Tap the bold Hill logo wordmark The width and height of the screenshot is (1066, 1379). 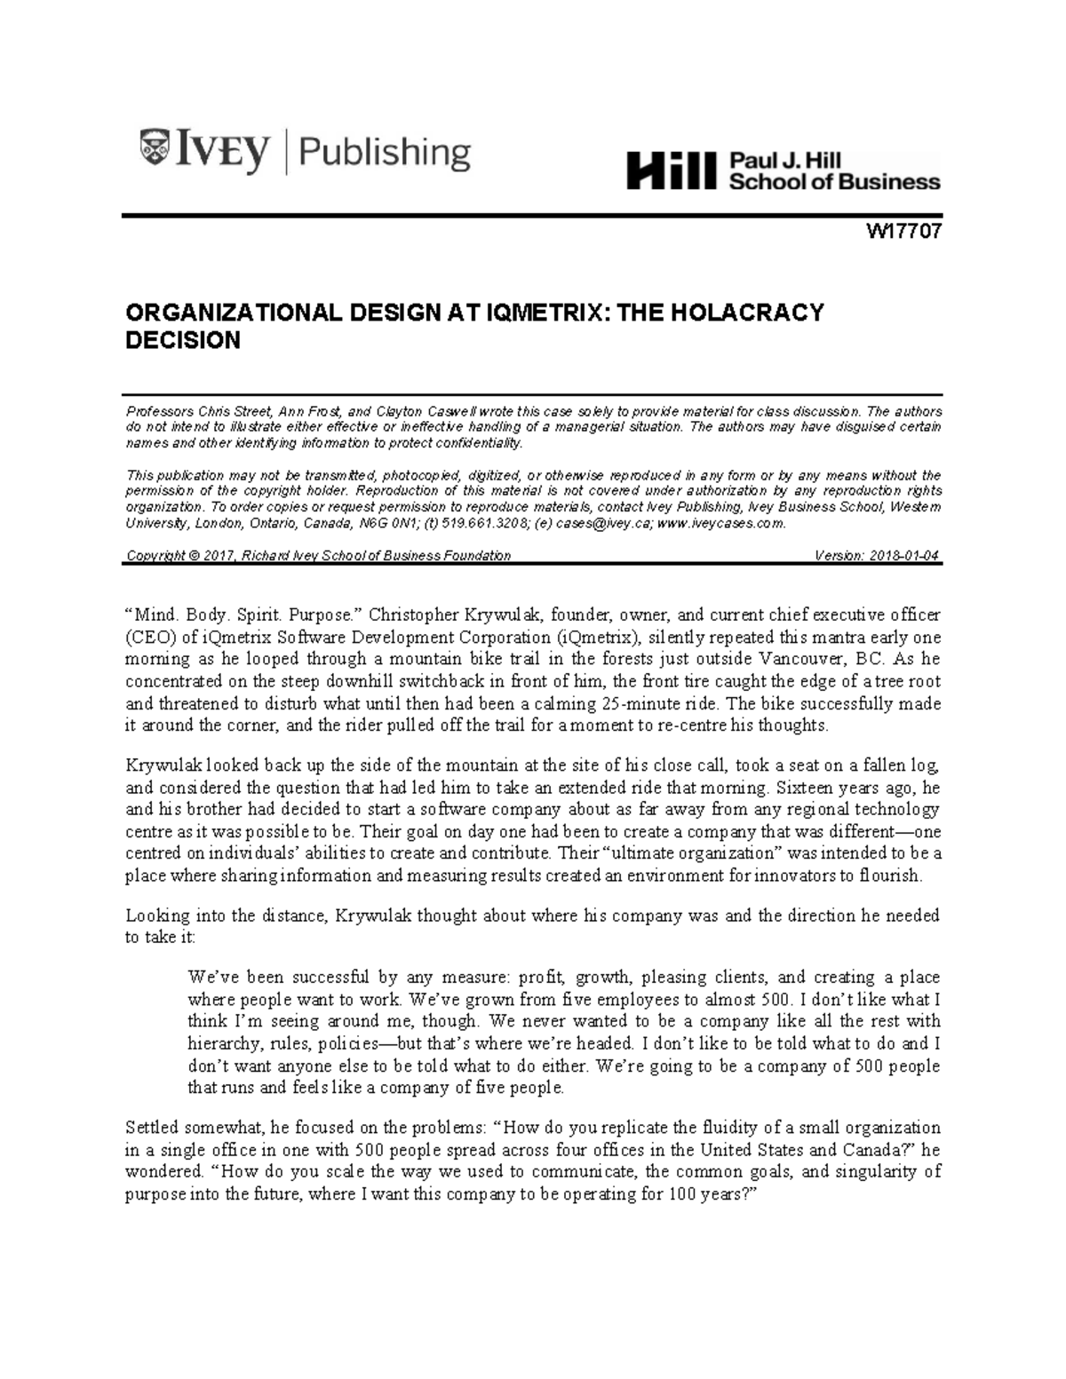(x=671, y=170)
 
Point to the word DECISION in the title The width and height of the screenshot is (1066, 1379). (x=183, y=340)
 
